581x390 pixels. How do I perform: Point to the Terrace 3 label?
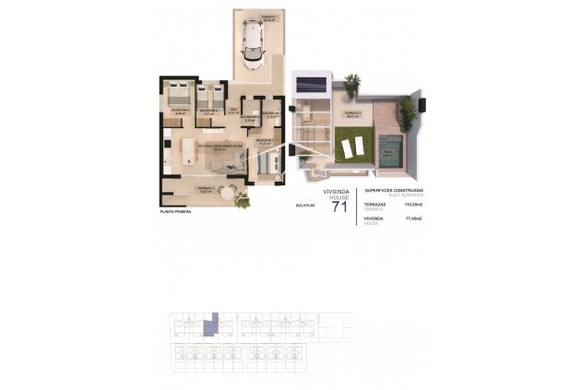coord(351,114)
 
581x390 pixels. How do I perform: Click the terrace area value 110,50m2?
coord(412,205)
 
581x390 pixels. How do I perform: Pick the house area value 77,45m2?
coord(413,219)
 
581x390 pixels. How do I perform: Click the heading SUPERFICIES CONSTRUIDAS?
coord(395,189)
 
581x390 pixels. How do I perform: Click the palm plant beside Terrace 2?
coord(242,200)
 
